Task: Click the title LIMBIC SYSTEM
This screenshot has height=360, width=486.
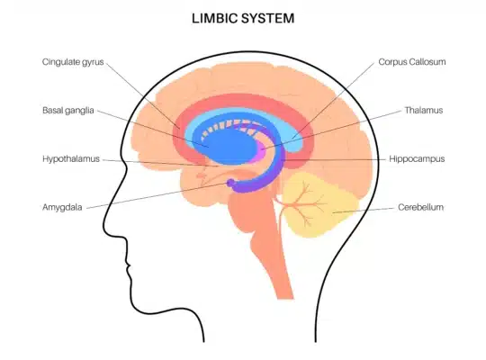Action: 243,18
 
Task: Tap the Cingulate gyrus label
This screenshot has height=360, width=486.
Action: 73,62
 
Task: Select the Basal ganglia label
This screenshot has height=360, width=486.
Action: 68,111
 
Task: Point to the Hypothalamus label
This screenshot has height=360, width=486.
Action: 71,158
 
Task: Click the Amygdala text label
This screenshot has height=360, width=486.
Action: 62,207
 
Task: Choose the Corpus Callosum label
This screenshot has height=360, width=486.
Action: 412,62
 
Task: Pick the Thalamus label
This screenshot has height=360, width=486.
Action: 424,111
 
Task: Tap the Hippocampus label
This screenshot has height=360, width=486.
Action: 417,159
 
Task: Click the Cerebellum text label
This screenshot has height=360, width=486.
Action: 420,207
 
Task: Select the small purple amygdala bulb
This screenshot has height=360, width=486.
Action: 231,183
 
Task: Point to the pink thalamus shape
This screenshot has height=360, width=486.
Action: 261,151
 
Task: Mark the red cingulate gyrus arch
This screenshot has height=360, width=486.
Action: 242,100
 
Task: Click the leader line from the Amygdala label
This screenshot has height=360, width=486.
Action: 157,195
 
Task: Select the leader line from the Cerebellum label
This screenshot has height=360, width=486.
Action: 364,211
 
